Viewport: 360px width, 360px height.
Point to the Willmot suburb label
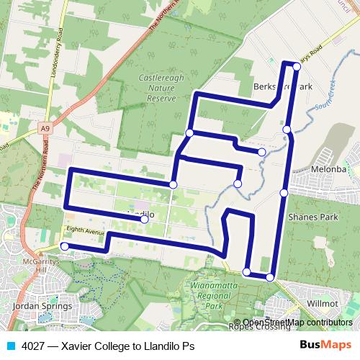tap(322, 305)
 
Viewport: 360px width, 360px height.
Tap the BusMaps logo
tap(326, 346)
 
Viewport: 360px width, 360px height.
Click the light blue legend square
tap(9, 346)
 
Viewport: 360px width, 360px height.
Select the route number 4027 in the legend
tap(33, 346)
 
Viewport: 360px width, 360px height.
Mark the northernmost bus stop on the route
tap(297, 66)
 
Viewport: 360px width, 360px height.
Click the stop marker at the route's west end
tap(64, 246)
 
